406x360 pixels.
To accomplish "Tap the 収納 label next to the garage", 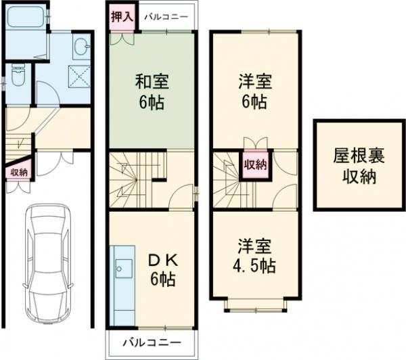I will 18,172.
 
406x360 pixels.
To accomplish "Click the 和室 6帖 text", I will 152,93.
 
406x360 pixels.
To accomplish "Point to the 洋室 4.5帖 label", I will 255,255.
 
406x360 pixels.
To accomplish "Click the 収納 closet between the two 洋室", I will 255,164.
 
